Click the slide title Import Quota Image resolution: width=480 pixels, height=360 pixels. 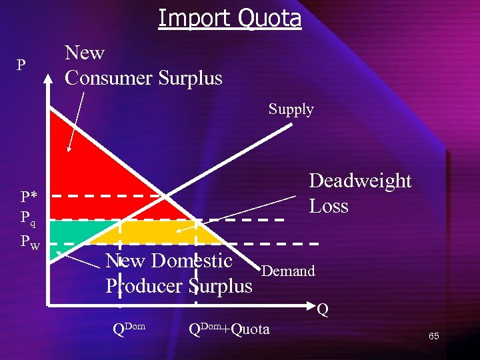(229, 18)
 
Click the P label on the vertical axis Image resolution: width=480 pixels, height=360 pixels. (21, 65)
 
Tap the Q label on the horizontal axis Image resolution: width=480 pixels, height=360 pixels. (323, 309)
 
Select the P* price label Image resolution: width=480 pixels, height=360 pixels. (29, 197)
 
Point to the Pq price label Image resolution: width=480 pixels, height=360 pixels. (29, 218)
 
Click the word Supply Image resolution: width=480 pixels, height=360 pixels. (291, 109)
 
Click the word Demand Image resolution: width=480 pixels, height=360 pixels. (288, 271)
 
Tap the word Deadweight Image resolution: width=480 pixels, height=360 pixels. (360, 181)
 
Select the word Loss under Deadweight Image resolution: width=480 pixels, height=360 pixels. (329, 206)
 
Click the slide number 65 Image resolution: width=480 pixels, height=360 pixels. (433, 336)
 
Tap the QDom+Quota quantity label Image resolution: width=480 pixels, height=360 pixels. (229, 329)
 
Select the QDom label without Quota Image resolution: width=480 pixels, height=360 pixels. (129, 329)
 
